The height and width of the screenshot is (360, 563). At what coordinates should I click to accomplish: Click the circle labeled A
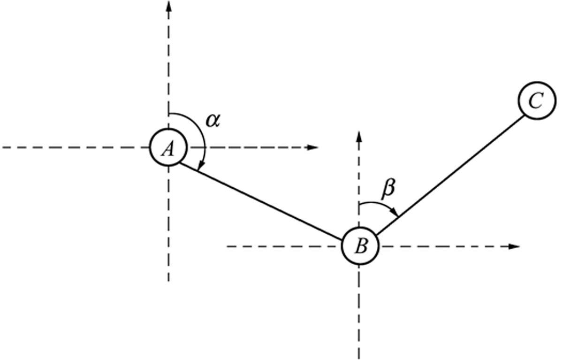[168, 148]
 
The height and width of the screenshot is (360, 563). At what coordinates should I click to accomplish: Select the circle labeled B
[359, 246]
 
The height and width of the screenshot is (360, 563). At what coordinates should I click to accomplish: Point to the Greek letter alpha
[213, 121]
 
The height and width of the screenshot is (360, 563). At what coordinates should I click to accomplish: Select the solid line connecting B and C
[450, 174]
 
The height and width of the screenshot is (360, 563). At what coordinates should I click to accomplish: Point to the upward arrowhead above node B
[359, 136]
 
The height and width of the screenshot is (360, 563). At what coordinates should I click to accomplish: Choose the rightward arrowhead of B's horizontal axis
[515, 246]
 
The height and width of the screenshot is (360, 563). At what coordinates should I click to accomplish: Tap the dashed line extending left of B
[281, 246]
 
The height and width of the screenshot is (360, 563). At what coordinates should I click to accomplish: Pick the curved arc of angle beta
[378, 205]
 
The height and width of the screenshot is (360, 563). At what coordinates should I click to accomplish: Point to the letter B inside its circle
[360, 247]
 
